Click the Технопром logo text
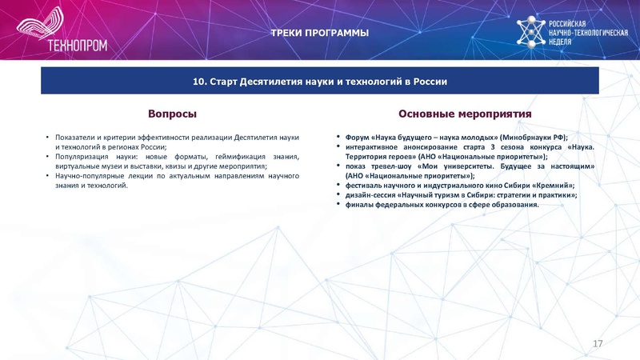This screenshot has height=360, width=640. (78, 46)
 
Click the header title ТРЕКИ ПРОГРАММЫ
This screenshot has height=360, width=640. (319, 33)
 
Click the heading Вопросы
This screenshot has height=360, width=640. (173, 114)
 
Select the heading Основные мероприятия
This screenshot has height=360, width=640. (465, 114)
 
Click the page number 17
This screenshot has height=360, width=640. (597, 342)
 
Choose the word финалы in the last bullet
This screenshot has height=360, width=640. (359, 204)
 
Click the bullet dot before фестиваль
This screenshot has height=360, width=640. (338, 185)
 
